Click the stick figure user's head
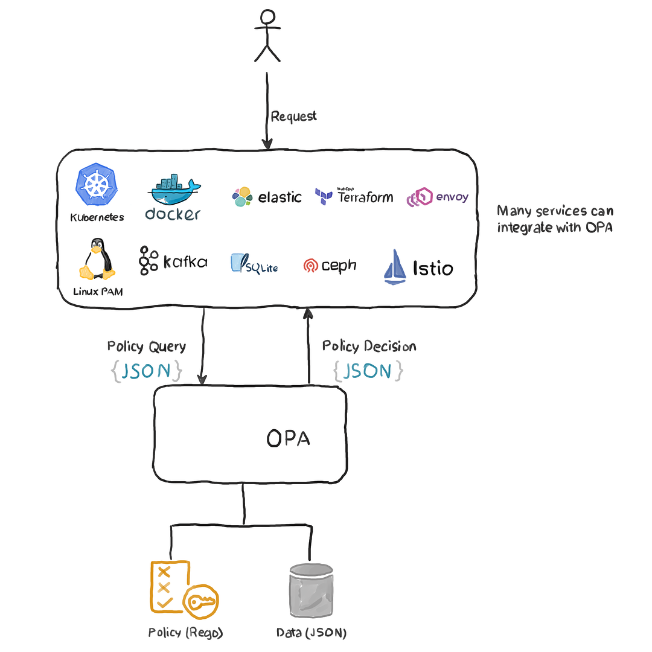(x=267, y=18)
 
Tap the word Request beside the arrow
(x=293, y=117)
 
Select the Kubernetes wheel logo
(x=97, y=184)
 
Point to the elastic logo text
(x=280, y=197)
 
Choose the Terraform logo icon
(x=323, y=196)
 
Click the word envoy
(x=452, y=197)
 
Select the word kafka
(x=185, y=261)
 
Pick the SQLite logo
(x=254, y=264)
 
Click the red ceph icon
(x=311, y=265)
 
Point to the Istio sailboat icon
(x=395, y=267)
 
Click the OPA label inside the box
(x=288, y=438)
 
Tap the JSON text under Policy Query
(x=146, y=371)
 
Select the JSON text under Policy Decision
(x=368, y=371)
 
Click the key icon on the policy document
(x=201, y=602)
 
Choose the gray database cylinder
(x=311, y=590)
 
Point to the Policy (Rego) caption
(x=185, y=633)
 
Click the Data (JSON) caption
(x=312, y=633)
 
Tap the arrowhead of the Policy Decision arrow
(x=308, y=313)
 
